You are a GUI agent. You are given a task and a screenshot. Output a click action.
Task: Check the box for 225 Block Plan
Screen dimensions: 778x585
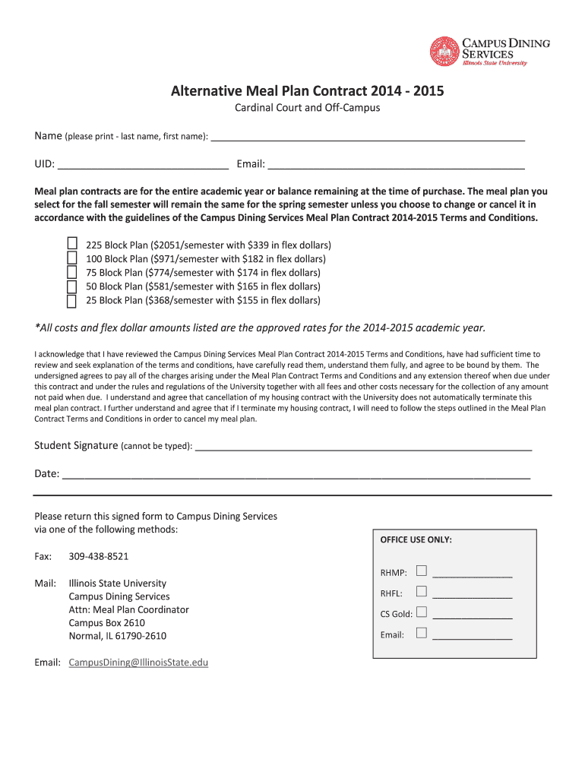72,244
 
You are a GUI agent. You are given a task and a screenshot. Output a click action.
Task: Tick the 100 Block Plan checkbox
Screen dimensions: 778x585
72,258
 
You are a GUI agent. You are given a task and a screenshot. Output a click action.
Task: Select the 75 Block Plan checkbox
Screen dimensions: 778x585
72,272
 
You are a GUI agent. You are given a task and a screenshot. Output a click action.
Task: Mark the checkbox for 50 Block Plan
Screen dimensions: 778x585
72,286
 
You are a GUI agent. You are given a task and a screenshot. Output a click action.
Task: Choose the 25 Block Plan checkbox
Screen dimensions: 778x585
72,301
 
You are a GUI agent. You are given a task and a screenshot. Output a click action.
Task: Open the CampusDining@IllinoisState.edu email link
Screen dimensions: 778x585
138,663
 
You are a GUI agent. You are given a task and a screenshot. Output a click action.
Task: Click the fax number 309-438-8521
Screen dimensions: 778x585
99,556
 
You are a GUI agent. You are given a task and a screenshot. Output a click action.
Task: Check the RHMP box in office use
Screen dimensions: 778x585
422,571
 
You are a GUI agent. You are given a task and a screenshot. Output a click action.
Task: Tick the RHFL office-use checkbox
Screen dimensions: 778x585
422,591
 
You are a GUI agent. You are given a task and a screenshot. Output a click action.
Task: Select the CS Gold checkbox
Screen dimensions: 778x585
422,612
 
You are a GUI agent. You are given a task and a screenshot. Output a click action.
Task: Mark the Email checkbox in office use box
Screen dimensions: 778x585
422,633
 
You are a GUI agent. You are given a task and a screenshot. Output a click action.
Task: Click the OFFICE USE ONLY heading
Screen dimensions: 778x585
416,539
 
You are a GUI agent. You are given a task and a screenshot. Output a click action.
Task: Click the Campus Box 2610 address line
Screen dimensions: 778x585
106,623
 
